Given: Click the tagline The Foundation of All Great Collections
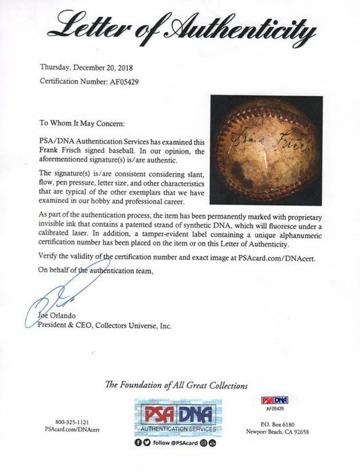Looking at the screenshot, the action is point(179,385).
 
